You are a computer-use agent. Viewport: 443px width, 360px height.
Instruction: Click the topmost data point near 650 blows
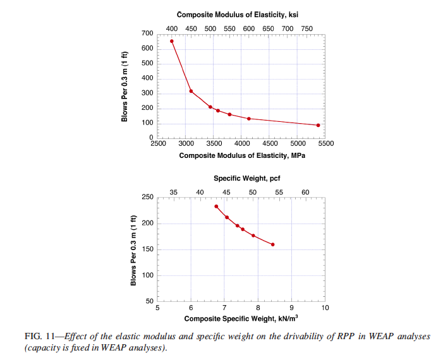(171, 41)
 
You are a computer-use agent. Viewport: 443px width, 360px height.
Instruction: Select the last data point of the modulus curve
(318, 125)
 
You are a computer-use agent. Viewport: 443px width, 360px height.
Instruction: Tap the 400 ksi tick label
(172, 28)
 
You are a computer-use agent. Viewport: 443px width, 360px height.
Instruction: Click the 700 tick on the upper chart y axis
(147, 33)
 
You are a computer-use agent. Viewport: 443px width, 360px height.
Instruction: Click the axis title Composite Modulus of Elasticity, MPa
(241, 155)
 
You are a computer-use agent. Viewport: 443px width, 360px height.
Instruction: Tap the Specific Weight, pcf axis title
(241, 179)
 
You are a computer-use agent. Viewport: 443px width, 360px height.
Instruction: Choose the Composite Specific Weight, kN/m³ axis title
(241, 318)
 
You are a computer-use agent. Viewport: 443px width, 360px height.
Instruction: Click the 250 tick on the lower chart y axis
(147, 198)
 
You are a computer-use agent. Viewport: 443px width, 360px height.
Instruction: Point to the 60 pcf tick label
(305, 192)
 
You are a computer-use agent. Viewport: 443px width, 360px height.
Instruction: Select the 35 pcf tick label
(174, 192)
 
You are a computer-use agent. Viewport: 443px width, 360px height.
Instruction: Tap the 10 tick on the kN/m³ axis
(325, 308)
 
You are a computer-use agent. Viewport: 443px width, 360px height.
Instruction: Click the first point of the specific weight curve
(216, 207)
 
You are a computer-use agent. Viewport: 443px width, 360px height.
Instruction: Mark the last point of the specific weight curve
(273, 244)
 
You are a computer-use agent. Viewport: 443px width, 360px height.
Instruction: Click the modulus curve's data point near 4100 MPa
(249, 119)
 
